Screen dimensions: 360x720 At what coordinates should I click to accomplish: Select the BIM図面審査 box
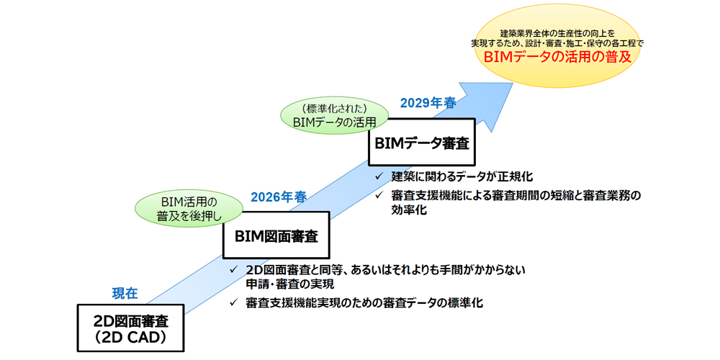point(276,235)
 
